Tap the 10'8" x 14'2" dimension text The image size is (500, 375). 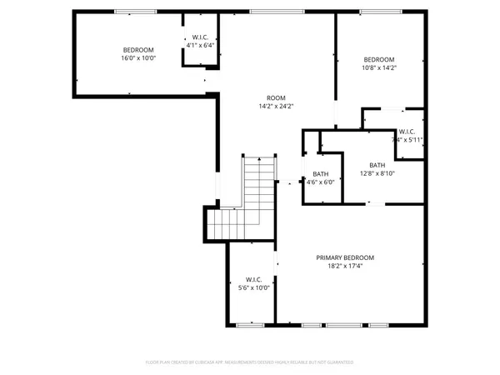[378, 69]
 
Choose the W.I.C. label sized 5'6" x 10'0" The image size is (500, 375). [254, 279]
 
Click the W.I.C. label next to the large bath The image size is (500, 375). [407, 131]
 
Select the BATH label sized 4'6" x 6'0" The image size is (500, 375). [320, 172]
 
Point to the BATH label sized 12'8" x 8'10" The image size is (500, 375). [377, 164]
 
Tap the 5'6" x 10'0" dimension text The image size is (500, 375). [254, 288]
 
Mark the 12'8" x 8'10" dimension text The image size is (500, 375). [377, 173]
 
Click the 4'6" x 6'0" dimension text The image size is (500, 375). [320, 182]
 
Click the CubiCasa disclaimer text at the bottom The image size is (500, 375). [250, 362]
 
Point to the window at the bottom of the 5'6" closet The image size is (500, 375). [247, 324]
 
